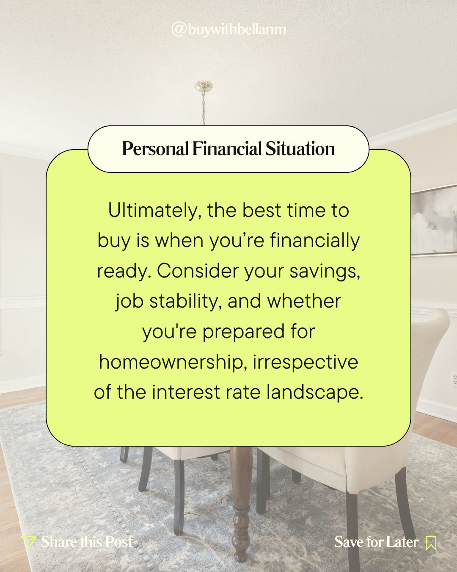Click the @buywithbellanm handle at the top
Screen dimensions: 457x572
pyautogui.click(x=229, y=30)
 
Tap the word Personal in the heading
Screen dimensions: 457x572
pyautogui.click(x=155, y=148)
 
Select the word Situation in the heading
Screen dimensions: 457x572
pyautogui.click(x=300, y=148)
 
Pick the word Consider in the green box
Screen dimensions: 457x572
pyautogui.click(x=198, y=271)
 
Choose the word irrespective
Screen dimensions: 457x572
pyautogui.click(x=306, y=363)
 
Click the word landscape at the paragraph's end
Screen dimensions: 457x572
pyautogui.click(x=314, y=393)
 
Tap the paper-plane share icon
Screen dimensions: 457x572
pyautogui.click(x=28, y=543)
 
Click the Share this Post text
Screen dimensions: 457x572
pyautogui.click(x=87, y=542)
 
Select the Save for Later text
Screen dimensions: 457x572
pyautogui.click(x=376, y=542)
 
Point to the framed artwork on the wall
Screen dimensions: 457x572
pyautogui.click(x=434, y=220)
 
